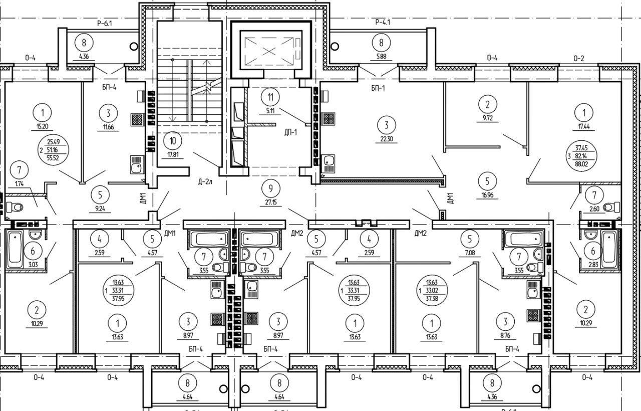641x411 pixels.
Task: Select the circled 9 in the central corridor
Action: tap(270, 189)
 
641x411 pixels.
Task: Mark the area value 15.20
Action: tap(43, 127)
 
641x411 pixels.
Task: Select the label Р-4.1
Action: tap(382, 22)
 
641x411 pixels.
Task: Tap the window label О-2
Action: tap(579, 58)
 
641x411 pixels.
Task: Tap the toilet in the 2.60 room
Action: tap(609, 207)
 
